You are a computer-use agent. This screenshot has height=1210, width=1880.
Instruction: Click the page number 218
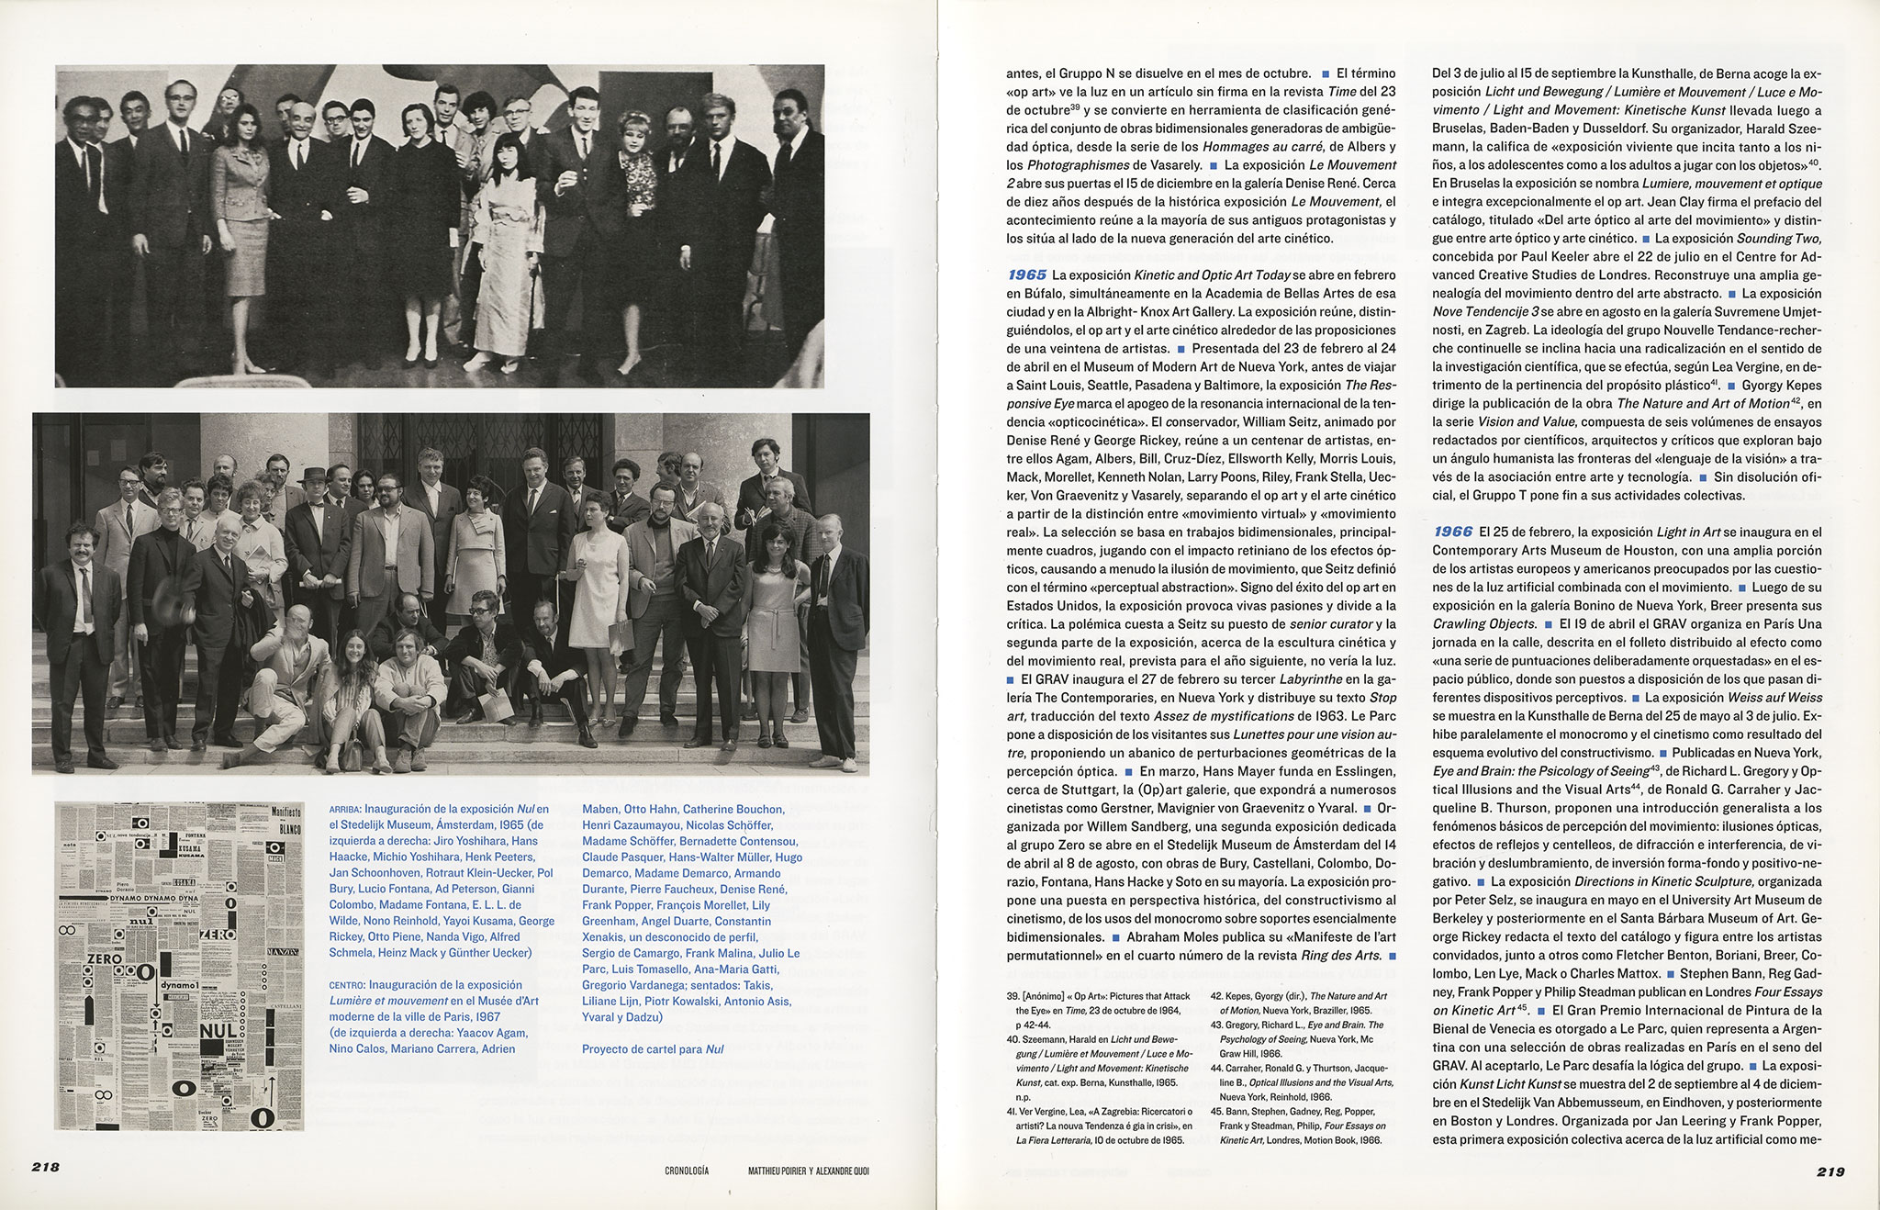coord(45,1168)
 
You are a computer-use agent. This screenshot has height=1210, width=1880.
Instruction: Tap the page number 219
coord(1830,1171)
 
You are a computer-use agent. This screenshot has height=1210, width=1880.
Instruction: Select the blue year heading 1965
coord(1027,274)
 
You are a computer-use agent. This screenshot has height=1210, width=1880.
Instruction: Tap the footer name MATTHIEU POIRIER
coord(779,1171)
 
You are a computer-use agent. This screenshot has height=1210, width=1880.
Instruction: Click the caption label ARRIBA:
coord(345,810)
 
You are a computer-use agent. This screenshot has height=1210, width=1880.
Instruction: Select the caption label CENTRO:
coord(347,984)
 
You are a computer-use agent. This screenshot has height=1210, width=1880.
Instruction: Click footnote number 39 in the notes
coord(1013,996)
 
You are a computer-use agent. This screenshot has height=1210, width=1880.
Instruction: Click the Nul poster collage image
coord(179,966)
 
